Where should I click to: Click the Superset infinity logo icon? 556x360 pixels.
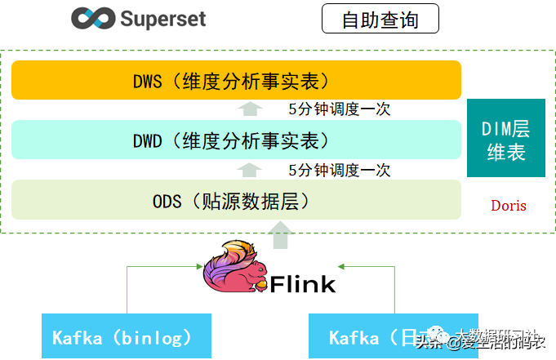click(x=92, y=18)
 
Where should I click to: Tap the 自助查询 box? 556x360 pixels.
click(x=380, y=19)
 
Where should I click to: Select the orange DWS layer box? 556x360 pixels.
click(x=236, y=80)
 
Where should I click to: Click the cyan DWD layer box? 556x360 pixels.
click(x=236, y=140)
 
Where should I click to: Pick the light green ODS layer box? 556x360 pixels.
click(x=236, y=199)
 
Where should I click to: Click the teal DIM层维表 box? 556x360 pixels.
click(x=505, y=139)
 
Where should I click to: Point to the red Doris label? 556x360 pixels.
click(x=508, y=205)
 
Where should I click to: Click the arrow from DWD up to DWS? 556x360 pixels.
click(x=251, y=109)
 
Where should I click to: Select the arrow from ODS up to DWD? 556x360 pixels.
click(x=251, y=170)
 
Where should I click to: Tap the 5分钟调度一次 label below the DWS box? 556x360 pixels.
click(x=339, y=109)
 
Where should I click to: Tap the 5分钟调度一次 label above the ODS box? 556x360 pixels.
click(x=339, y=171)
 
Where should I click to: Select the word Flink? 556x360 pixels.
click(x=302, y=284)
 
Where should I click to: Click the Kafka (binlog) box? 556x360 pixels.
click(x=127, y=336)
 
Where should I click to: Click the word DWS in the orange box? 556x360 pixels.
click(x=149, y=81)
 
